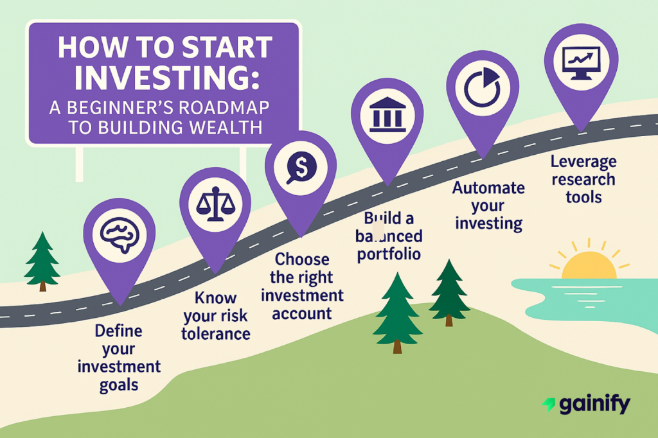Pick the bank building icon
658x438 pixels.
pyautogui.click(x=387, y=114)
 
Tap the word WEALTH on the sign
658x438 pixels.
pyautogui.click(x=225, y=127)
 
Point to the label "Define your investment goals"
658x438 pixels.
pyautogui.click(x=119, y=358)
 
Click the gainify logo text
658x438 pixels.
pyautogui.click(x=594, y=405)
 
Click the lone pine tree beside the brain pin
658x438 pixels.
pyautogui.click(x=42, y=260)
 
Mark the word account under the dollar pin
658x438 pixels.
pyautogui.click(x=302, y=313)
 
